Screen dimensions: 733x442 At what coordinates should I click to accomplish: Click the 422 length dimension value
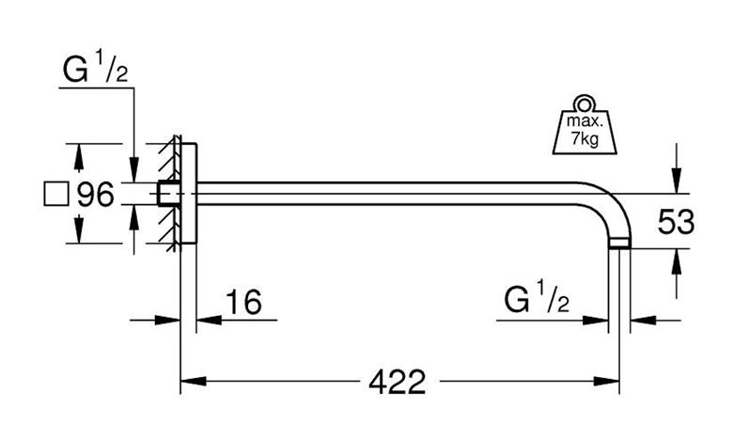[397, 382]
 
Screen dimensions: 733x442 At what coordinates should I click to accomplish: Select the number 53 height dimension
[676, 222]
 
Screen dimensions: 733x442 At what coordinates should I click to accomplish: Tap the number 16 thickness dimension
[243, 302]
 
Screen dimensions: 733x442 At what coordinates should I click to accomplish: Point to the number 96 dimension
[95, 194]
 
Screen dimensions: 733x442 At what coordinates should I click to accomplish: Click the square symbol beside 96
[56, 194]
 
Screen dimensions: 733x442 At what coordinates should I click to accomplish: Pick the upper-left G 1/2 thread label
[95, 69]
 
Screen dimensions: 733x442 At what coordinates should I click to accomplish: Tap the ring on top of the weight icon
[585, 103]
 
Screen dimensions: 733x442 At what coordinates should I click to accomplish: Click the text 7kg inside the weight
[585, 138]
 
